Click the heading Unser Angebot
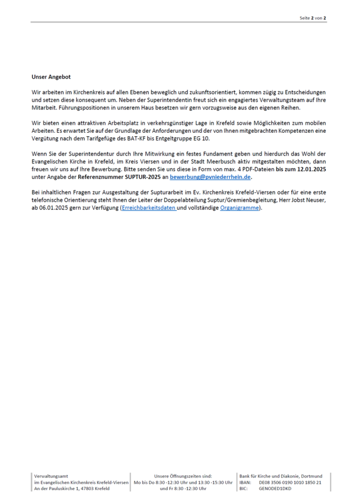51,77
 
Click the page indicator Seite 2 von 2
313,18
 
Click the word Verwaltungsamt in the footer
51,476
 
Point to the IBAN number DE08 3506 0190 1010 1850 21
290,482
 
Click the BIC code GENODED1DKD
275,488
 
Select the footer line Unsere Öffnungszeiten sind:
183,476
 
